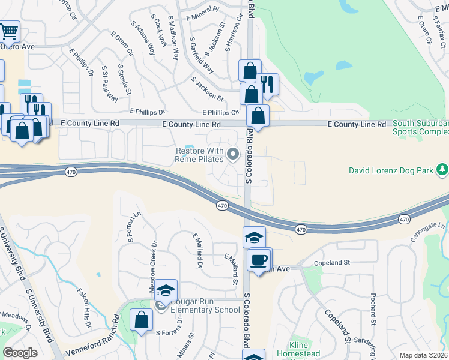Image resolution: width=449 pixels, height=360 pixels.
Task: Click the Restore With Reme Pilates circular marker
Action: click(x=234, y=156)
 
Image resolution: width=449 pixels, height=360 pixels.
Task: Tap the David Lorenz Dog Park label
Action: click(x=391, y=171)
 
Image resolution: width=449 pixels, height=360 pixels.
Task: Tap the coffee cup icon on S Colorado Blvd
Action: click(x=259, y=260)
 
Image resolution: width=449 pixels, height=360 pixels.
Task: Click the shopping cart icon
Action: click(x=8, y=31)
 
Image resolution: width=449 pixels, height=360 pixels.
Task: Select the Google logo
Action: click(x=20, y=353)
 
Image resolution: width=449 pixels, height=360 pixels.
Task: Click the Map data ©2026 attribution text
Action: click(x=423, y=355)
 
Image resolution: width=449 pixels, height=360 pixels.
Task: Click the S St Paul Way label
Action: click(x=109, y=84)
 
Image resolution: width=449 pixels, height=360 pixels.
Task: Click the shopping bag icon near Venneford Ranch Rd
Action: click(x=141, y=320)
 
